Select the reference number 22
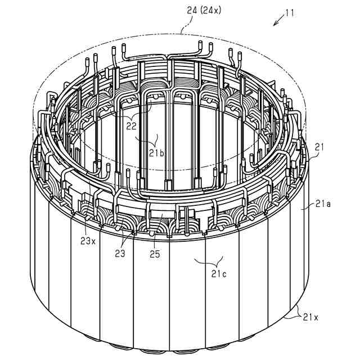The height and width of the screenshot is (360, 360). click(x=131, y=126)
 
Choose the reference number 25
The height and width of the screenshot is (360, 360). click(x=155, y=254)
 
